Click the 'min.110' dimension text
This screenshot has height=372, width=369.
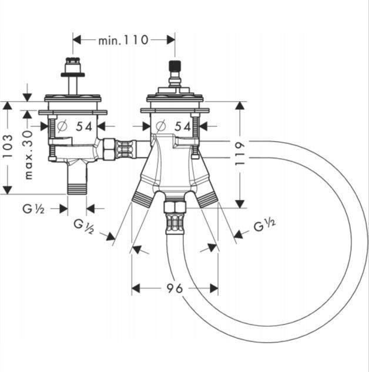[x=123, y=41]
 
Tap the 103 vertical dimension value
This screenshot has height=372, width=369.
[x=8, y=146]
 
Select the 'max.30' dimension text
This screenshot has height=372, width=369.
[x=28, y=155]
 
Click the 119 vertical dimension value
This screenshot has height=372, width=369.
[x=240, y=154]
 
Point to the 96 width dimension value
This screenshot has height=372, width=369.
[x=175, y=289]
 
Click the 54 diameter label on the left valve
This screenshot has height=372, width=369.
[x=84, y=127]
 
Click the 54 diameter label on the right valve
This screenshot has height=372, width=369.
[x=183, y=127]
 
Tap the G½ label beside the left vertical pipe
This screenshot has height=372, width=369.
[x=33, y=209]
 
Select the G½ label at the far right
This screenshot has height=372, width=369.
[x=264, y=225]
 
